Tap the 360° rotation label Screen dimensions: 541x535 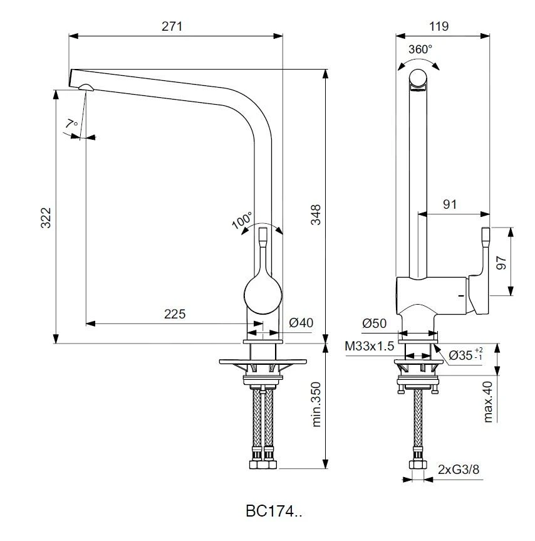point(420,50)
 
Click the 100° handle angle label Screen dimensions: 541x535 point(242,221)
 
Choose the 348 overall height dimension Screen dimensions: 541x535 point(315,215)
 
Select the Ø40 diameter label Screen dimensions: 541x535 point(301,323)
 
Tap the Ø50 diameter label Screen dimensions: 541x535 point(374,323)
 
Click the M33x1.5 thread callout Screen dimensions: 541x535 point(370,346)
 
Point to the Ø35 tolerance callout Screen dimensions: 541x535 point(465,354)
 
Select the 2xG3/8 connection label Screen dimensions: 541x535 point(460,468)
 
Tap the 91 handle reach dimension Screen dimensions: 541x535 point(450,204)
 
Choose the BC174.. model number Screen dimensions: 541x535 point(274,511)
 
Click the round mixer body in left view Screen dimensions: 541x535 point(262,293)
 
